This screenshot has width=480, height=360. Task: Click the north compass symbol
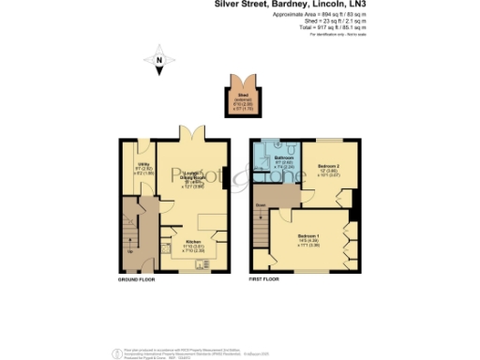[x=159, y=63]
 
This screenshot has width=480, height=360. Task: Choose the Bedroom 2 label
[x=330, y=167]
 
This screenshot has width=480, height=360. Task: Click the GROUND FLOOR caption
[x=136, y=279]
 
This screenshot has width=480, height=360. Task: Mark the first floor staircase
[x=260, y=231]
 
